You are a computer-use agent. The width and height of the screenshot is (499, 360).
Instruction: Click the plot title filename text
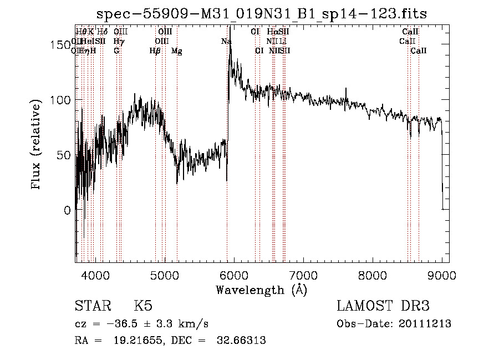[262, 14]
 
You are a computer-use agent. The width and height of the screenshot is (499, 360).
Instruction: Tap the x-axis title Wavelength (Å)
[262, 290]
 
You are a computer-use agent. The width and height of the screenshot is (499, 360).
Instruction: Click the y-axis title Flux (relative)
[37, 145]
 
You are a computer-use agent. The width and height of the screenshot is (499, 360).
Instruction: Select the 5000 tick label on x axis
[165, 275]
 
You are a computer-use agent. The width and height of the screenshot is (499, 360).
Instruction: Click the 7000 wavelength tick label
[303, 275]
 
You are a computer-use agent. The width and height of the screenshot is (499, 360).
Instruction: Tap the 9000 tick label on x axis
[442, 275]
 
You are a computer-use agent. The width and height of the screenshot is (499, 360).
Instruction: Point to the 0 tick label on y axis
[68, 210]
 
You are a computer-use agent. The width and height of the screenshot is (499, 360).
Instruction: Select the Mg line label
[177, 51]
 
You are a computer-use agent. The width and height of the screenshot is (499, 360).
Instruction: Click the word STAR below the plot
[91, 307]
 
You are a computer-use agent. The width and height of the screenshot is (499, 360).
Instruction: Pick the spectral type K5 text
[143, 307]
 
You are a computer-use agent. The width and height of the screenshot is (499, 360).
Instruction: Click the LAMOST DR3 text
[383, 307]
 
